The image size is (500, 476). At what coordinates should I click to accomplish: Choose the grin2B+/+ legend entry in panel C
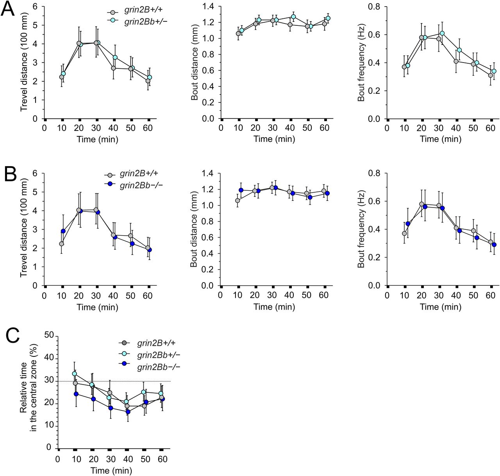click(153, 343)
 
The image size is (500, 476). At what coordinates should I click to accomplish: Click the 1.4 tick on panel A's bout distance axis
click(209, 7)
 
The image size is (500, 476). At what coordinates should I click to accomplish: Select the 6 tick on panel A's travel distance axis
click(35, 7)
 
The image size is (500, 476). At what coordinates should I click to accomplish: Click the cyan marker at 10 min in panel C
click(75, 374)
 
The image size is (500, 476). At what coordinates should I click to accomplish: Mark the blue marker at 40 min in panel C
click(128, 412)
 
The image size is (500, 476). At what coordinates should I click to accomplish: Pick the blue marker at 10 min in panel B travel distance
click(63, 231)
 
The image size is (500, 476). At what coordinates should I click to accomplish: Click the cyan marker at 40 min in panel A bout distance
click(293, 17)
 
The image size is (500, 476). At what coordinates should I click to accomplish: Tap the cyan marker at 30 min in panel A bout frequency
click(442, 33)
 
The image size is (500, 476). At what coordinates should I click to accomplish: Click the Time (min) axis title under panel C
click(111, 471)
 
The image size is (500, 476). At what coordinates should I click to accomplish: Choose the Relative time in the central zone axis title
click(29, 391)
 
